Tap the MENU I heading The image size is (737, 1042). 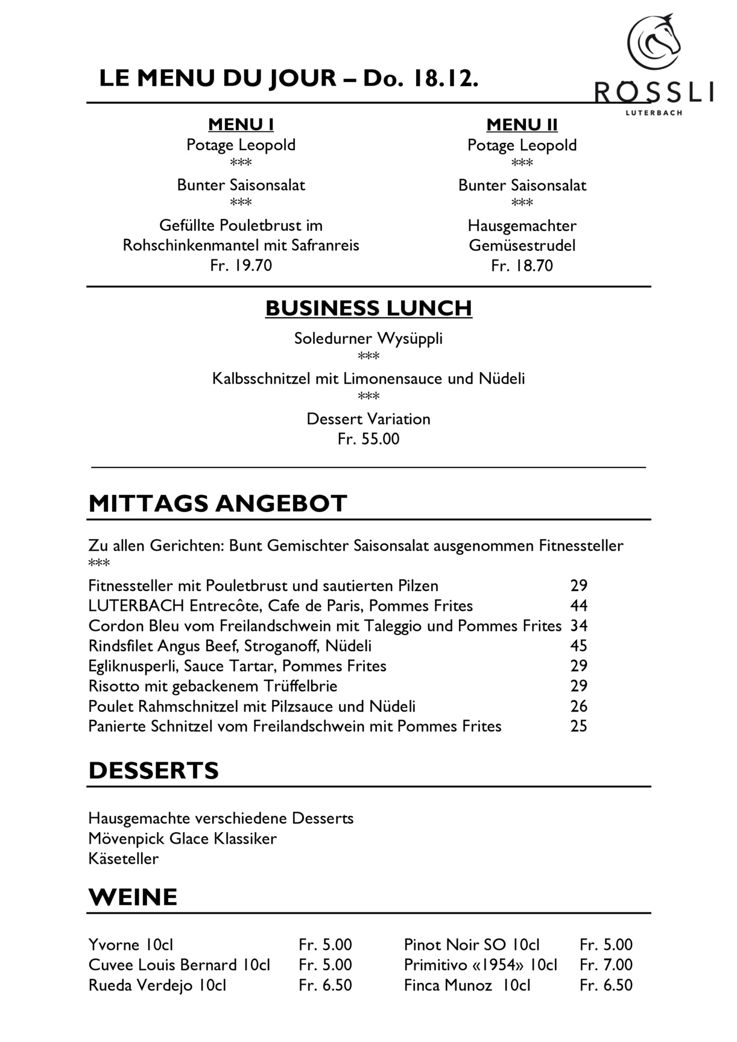click(x=241, y=125)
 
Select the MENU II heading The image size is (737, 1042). click(x=522, y=125)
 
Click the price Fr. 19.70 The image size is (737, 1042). click(x=241, y=265)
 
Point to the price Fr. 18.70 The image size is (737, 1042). click(x=522, y=266)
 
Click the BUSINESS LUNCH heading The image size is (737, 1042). click(x=368, y=308)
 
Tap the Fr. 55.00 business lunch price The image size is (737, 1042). click(x=368, y=439)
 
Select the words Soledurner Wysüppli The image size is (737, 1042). click(x=368, y=338)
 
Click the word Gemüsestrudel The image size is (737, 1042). click(x=522, y=245)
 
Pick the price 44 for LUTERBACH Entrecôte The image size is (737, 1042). click(x=578, y=605)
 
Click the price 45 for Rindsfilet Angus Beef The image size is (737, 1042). click(x=578, y=646)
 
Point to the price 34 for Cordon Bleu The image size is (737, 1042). click(x=578, y=626)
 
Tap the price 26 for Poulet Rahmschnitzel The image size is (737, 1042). click(x=578, y=706)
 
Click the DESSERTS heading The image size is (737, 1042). click(x=153, y=771)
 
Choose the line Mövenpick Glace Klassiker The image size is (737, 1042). click(x=182, y=839)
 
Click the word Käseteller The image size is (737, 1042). click(x=124, y=859)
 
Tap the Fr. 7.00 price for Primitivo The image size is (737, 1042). click(x=606, y=965)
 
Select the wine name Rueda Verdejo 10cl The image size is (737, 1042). click(x=157, y=985)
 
